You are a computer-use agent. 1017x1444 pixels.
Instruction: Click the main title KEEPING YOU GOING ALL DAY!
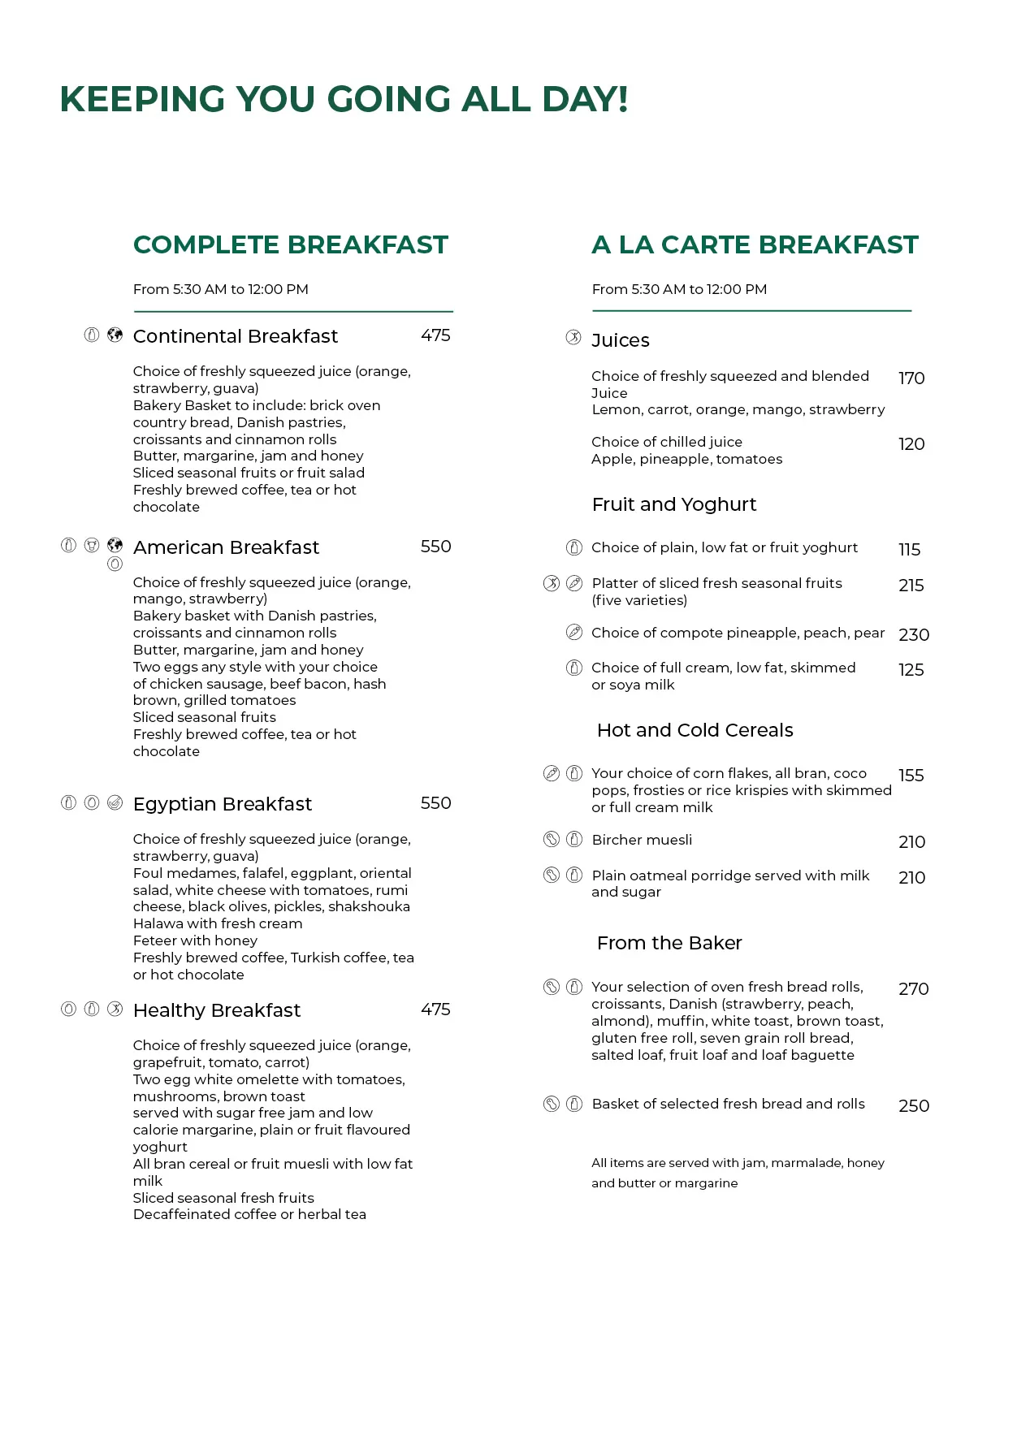(x=344, y=100)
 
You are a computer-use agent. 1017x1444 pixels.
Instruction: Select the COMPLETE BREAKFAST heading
(x=290, y=244)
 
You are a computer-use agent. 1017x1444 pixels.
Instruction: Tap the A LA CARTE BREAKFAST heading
(x=755, y=244)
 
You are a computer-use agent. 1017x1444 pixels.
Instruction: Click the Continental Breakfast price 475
(x=435, y=335)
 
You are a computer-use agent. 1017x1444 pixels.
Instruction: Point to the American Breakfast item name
(x=226, y=547)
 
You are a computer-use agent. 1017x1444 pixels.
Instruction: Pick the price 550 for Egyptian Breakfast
(x=435, y=803)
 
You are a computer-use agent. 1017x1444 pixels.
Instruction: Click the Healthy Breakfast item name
(x=217, y=1010)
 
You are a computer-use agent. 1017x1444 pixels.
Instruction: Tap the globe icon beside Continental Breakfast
(x=115, y=335)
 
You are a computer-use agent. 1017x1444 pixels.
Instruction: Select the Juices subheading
(x=621, y=340)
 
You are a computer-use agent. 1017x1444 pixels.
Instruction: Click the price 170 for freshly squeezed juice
(x=911, y=378)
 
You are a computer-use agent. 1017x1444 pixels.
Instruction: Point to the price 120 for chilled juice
(x=911, y=444)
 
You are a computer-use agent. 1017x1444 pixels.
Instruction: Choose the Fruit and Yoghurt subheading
(x=674, y=504)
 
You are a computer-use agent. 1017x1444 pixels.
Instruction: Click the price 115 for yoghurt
(x=910, y=550)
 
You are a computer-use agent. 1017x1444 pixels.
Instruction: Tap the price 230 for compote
(x=914, y=635)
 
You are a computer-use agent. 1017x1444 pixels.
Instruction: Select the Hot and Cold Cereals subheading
(x=695, y=730)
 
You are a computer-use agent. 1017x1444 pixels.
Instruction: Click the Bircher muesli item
(x=642, y=840)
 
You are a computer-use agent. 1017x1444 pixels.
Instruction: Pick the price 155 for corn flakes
(x=911, y=776)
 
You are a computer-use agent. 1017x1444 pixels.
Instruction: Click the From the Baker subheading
(x=669, y=943)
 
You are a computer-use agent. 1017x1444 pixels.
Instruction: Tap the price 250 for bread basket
(x=914, y=1106)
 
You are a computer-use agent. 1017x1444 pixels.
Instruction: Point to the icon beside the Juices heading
(x=573, y=338)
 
